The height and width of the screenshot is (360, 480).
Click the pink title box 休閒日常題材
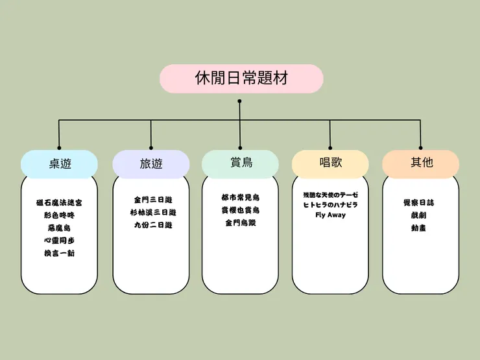click(241, 78)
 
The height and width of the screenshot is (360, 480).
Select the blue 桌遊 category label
click(59, 163)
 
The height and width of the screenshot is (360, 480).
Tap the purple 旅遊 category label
click(151, 164)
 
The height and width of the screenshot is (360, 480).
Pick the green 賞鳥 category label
click(241, 163)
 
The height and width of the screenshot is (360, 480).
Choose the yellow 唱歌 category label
click(330, 163)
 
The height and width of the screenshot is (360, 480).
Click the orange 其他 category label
click(421, 163)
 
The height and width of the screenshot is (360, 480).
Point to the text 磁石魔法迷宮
click(59, 202)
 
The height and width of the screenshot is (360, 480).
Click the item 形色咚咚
click(59, 215)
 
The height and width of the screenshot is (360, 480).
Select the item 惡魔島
click(59, 228)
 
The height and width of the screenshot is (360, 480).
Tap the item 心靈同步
click(59, 240)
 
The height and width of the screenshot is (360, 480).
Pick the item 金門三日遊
click(151, 200)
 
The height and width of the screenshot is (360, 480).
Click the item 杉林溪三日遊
click(151, 212)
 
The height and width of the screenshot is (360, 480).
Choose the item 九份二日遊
click(151, 225)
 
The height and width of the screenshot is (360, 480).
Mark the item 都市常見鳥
click(241, 197)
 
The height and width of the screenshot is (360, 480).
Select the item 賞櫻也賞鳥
click(241, 210)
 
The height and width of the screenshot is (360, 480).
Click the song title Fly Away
click(330, 215)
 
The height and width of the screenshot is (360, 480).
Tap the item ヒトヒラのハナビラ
click(330, 205)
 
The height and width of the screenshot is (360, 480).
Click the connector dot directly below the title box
click(239, 101)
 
